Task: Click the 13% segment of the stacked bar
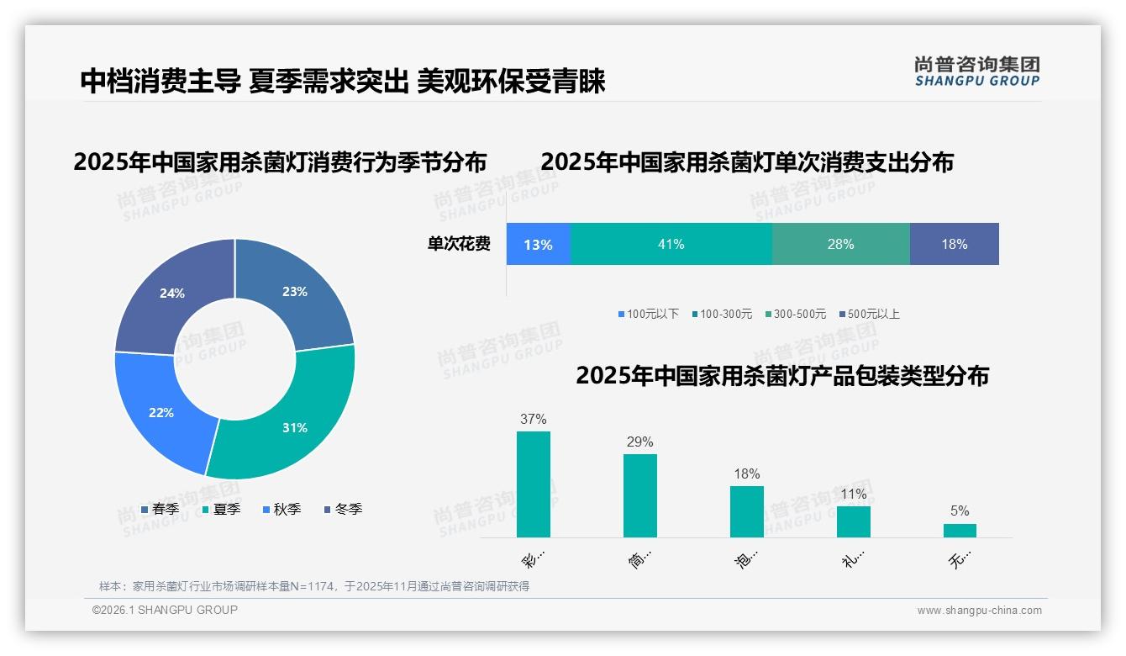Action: pos(539,245)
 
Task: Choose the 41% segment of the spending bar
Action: pos(671,245)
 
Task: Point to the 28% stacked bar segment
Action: pos(840,245)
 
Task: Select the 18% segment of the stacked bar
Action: pos(954,245)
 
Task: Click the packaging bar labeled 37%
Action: pos(534,484)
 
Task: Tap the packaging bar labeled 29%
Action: pos(640,495)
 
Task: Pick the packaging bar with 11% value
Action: pos(854,521)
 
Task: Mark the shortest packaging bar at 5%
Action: pos(960,531)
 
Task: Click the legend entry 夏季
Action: pos(222,510)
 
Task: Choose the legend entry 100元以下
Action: pos(649,315)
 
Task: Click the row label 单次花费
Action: pos(459,245)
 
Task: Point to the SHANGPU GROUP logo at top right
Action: pos(976,71)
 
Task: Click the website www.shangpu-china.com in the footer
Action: pos(979,611)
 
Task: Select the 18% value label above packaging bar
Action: pos(746,474)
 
